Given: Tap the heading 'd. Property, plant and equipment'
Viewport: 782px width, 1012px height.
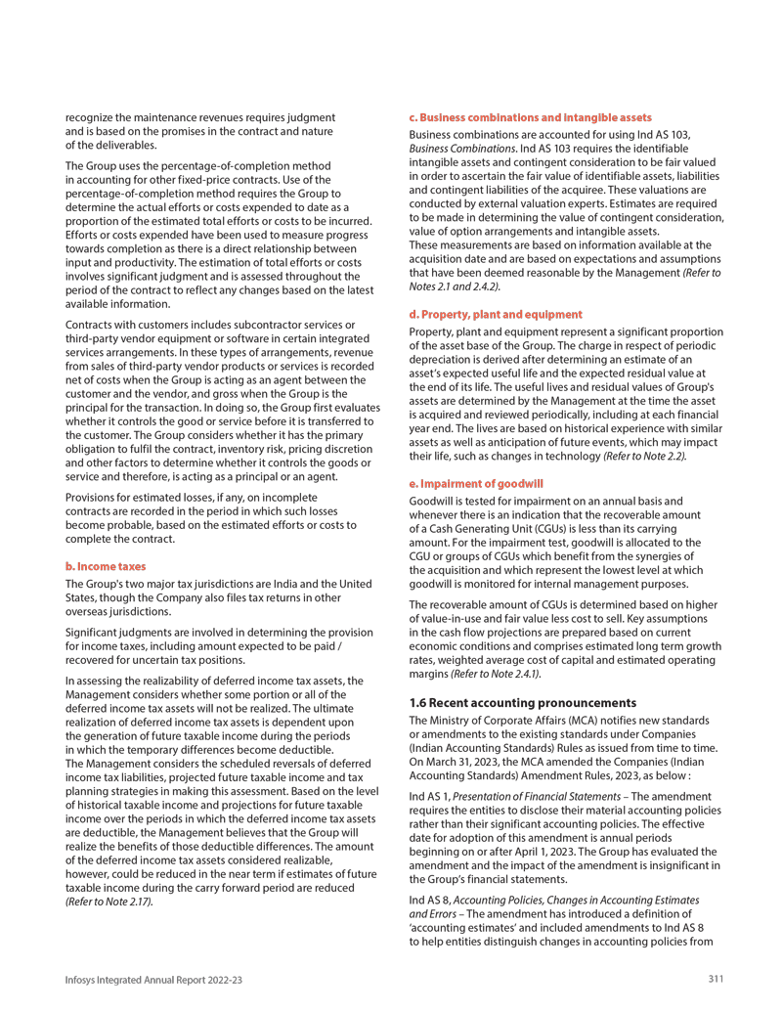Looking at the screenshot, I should tap(495, 314).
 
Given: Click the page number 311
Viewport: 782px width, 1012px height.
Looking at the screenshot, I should tap(717, 979).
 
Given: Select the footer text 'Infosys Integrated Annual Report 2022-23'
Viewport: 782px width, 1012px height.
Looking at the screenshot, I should tap(153, 979).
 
